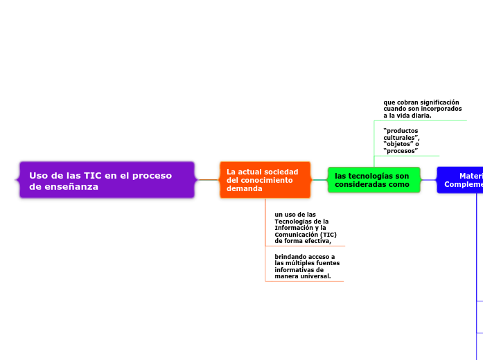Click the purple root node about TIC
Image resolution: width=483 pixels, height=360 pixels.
pyautogui.click(x=107, y=180)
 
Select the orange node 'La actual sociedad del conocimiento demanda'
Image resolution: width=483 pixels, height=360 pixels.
pyautogui.click(x=265, y=180)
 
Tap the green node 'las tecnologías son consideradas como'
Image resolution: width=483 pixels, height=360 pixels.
pyautogui.click(x=374, y=180)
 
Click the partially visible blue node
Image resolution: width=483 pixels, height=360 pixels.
pyautogui.click(x=461, y=180)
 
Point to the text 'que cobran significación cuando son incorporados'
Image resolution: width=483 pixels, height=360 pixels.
pyautogui.click(x=422, y=109)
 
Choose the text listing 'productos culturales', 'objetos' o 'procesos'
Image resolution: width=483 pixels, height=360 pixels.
pyautogui.click(x=401, y=141)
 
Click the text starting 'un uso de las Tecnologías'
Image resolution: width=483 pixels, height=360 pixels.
pyautogui.click(x=302, y=228)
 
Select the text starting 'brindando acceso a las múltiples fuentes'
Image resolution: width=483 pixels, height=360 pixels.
pyautogui.click(x=304, y=267)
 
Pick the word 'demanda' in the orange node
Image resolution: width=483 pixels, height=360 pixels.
pyautogui.click(x=245, y=188)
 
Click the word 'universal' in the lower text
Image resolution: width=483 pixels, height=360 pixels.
pyautogui.click(x=317, y=276)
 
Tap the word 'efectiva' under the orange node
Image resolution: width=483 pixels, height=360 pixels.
pyautogui.click(x=316, y=241)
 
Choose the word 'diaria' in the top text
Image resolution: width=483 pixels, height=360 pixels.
pyautogui.click(x=419, y=116)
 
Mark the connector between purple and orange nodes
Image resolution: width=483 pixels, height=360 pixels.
pyautogui.click(x=208, y=180)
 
